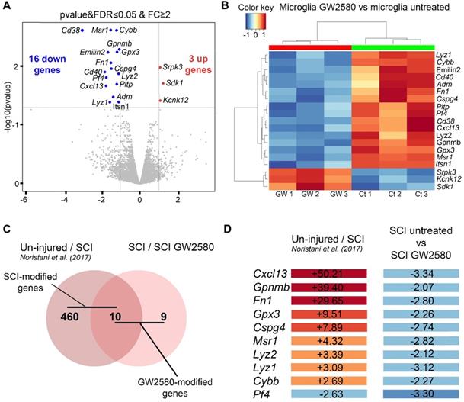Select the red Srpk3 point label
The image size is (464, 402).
172,68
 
